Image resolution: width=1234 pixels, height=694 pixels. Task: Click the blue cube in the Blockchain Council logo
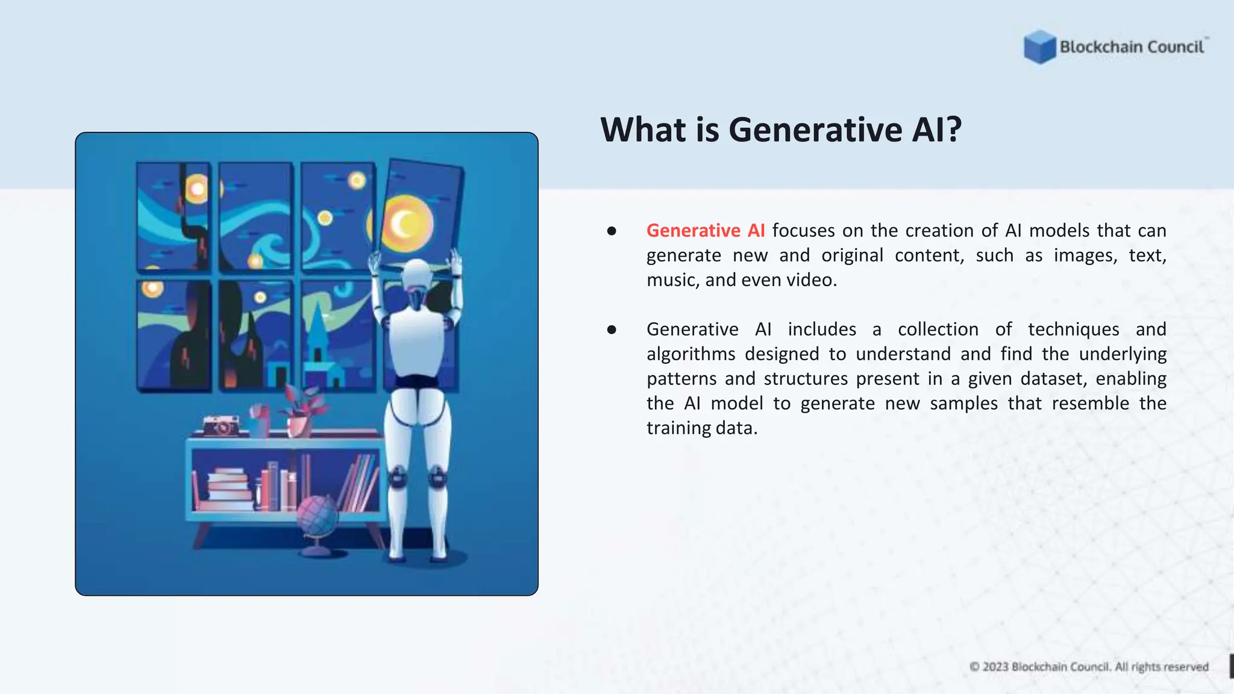[1039, 46]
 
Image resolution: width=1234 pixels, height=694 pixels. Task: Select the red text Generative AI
[706, 231]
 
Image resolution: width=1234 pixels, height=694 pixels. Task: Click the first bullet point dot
[612, 231]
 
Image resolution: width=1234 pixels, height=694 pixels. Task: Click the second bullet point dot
[612, 330]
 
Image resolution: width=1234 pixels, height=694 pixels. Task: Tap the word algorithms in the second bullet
[691, 354]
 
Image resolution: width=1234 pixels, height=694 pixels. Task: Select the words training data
[701, 428]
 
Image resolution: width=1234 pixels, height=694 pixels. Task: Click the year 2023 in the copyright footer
[995, 667]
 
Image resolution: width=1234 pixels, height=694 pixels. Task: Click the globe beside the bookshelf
[318, 517]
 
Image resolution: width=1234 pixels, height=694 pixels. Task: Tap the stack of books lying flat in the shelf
[228, 489]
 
